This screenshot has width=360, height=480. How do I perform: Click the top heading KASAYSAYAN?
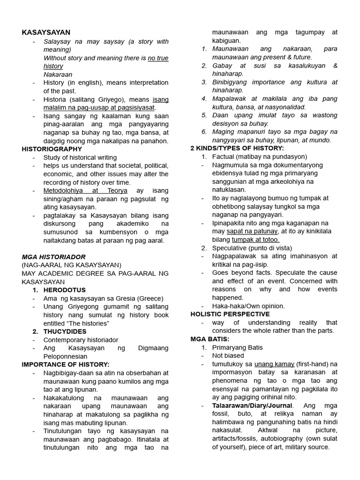[46, 32]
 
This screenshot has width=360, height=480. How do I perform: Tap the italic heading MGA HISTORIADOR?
[53, 257]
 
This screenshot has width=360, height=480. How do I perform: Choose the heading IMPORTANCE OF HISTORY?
[66, 364]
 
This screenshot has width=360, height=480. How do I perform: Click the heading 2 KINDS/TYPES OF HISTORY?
[237, 148]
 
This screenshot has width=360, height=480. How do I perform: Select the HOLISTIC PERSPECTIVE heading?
[230, 314]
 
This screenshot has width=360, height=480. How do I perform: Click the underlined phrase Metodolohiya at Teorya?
[78, 191]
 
